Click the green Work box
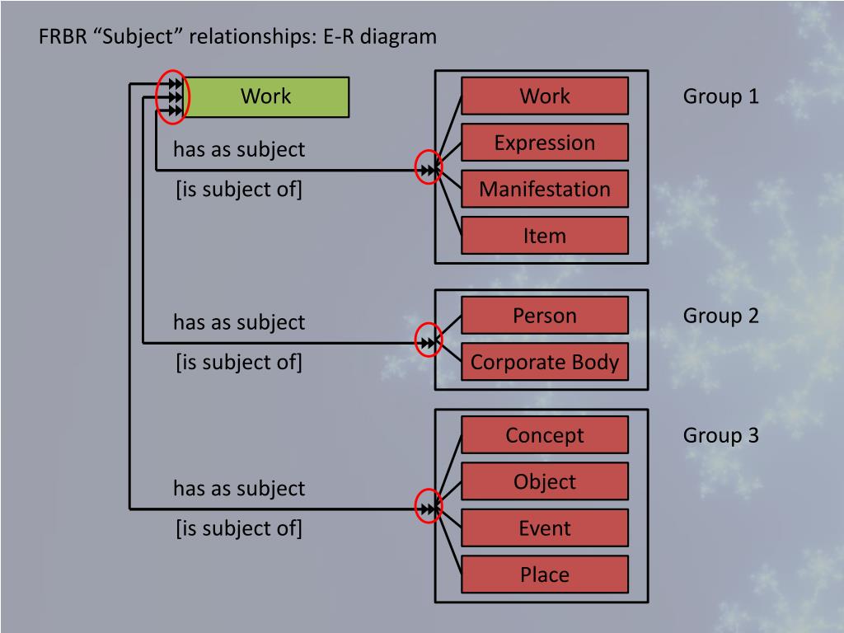265,96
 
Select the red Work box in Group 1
544,96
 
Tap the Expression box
544,142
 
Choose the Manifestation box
544,189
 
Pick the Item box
544,236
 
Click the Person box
544,315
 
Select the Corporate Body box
544,362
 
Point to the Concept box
544,434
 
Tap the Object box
544,481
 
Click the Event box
544,528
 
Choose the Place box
544,574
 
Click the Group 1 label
720,96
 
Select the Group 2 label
720,316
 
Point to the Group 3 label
720,435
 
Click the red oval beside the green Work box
174,96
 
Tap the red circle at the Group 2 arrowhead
429,340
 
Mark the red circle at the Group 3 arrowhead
429,509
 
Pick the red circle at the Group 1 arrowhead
429,169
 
